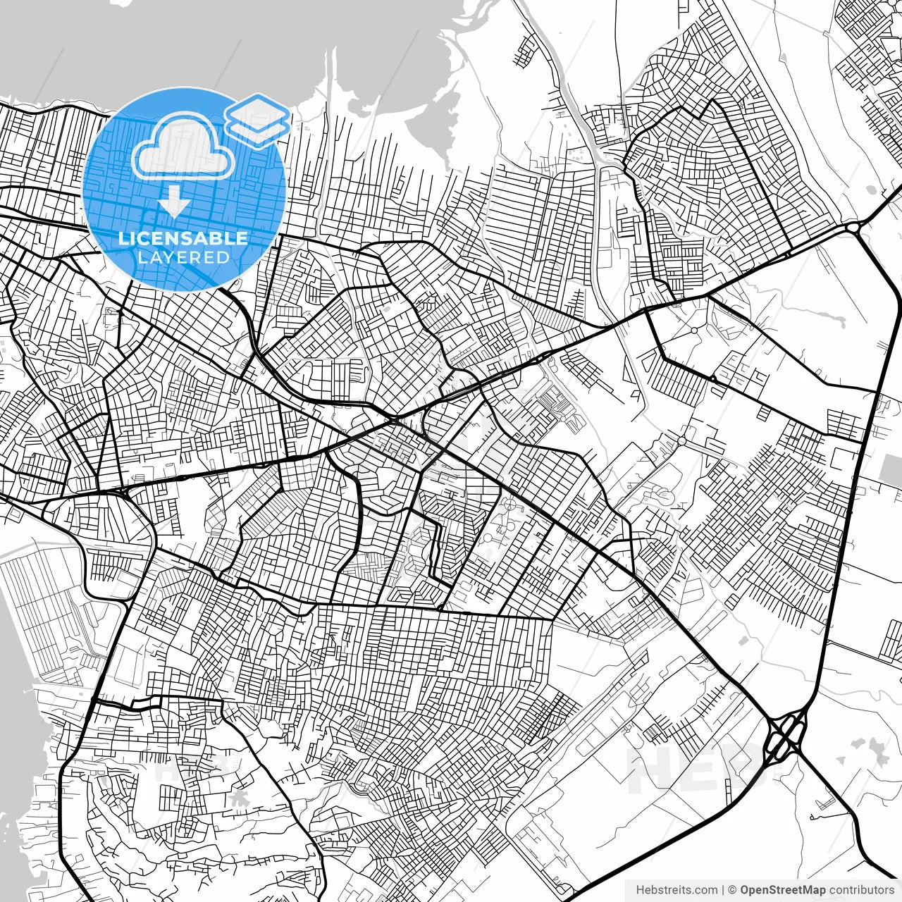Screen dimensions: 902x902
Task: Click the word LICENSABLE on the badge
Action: click(183, 238)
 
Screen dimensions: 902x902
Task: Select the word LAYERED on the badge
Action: click(183, 257)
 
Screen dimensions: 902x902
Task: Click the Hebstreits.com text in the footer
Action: click(676, 890)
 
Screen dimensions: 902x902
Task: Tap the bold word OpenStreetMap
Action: click(782, 890)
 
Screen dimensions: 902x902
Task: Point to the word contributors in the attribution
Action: click(860, 890)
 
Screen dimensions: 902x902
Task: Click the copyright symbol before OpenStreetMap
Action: click(732, 890)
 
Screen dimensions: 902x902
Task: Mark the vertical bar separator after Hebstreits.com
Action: click(723, 890)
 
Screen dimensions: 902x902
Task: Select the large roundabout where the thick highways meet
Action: click(855, 227)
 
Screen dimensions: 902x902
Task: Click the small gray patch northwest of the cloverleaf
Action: click(744, 640)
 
